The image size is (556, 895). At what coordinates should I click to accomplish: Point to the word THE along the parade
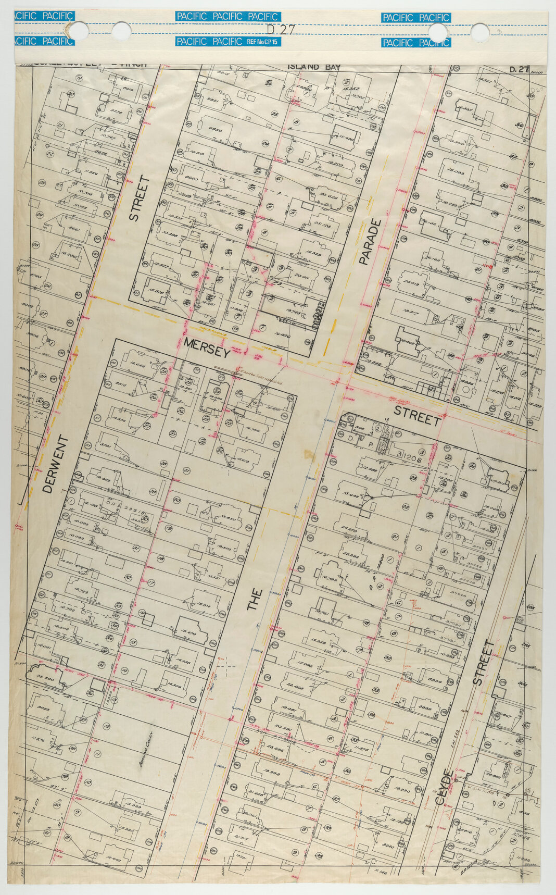pyautogui.click(x=255, y=600)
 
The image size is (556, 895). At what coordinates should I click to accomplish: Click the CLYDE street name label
pyautogui.click(x=446, y=787)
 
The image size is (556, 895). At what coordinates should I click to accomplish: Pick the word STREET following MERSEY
pyautogui.click(x=417, y=415)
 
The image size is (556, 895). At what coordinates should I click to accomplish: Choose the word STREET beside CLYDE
pyautogui.click(x=483, y=662)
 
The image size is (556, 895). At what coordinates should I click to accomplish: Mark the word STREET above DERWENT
pyautogui.click(x=139, y=198)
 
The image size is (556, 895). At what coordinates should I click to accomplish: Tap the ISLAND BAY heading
pyautogui.click(x=314, y=67)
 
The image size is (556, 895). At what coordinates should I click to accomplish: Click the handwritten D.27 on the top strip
pyautogui.click(x=280, y=30)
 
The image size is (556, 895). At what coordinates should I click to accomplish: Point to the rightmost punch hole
pyautogui.click(x=479, y=33)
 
